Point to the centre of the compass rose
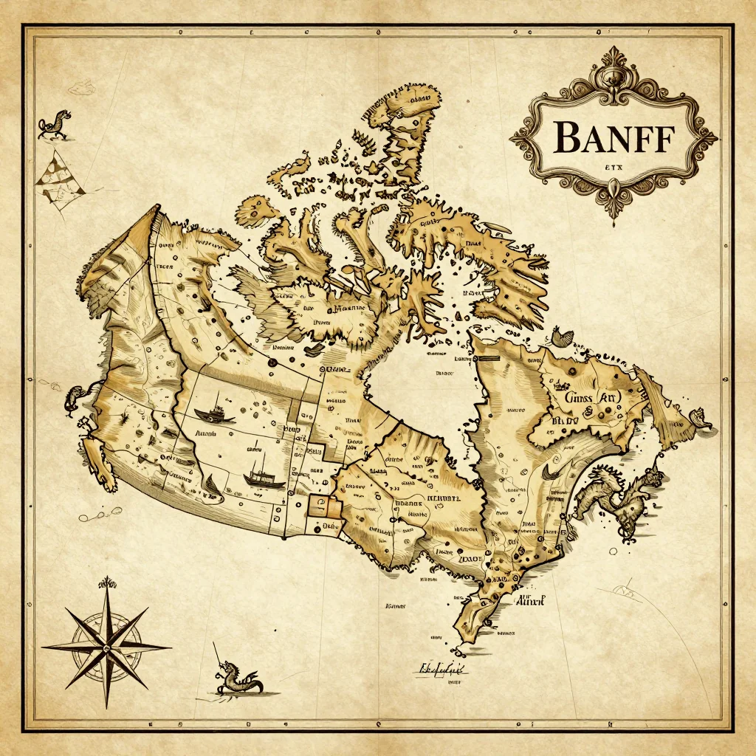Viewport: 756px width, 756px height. tap(106, 645)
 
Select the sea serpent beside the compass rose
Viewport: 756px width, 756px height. tap(238, 678)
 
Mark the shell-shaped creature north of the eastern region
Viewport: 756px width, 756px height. tap(562, 338)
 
